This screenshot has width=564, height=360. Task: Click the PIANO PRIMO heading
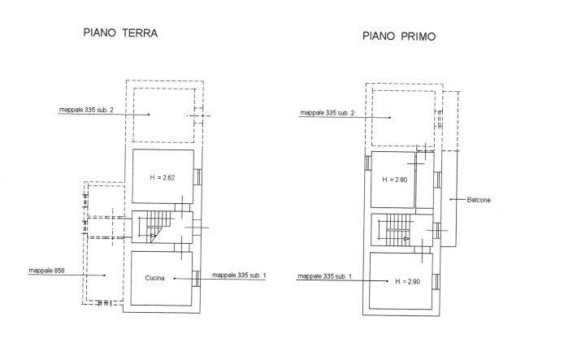click(x=399, y=36)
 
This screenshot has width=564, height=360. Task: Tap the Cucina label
click(x=155, y=279)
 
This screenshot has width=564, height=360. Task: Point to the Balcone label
click(x=479, y=199)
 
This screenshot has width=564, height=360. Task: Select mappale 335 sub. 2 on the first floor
click(x=327, y=112)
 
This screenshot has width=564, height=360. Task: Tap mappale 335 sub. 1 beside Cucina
click(x=239, y=276)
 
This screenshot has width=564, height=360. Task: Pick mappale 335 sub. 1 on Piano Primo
click(x=325, y=277)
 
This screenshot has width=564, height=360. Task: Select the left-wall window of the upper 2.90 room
click(x=367, y=163)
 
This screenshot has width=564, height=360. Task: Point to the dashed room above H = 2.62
click(x=163, y=115)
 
